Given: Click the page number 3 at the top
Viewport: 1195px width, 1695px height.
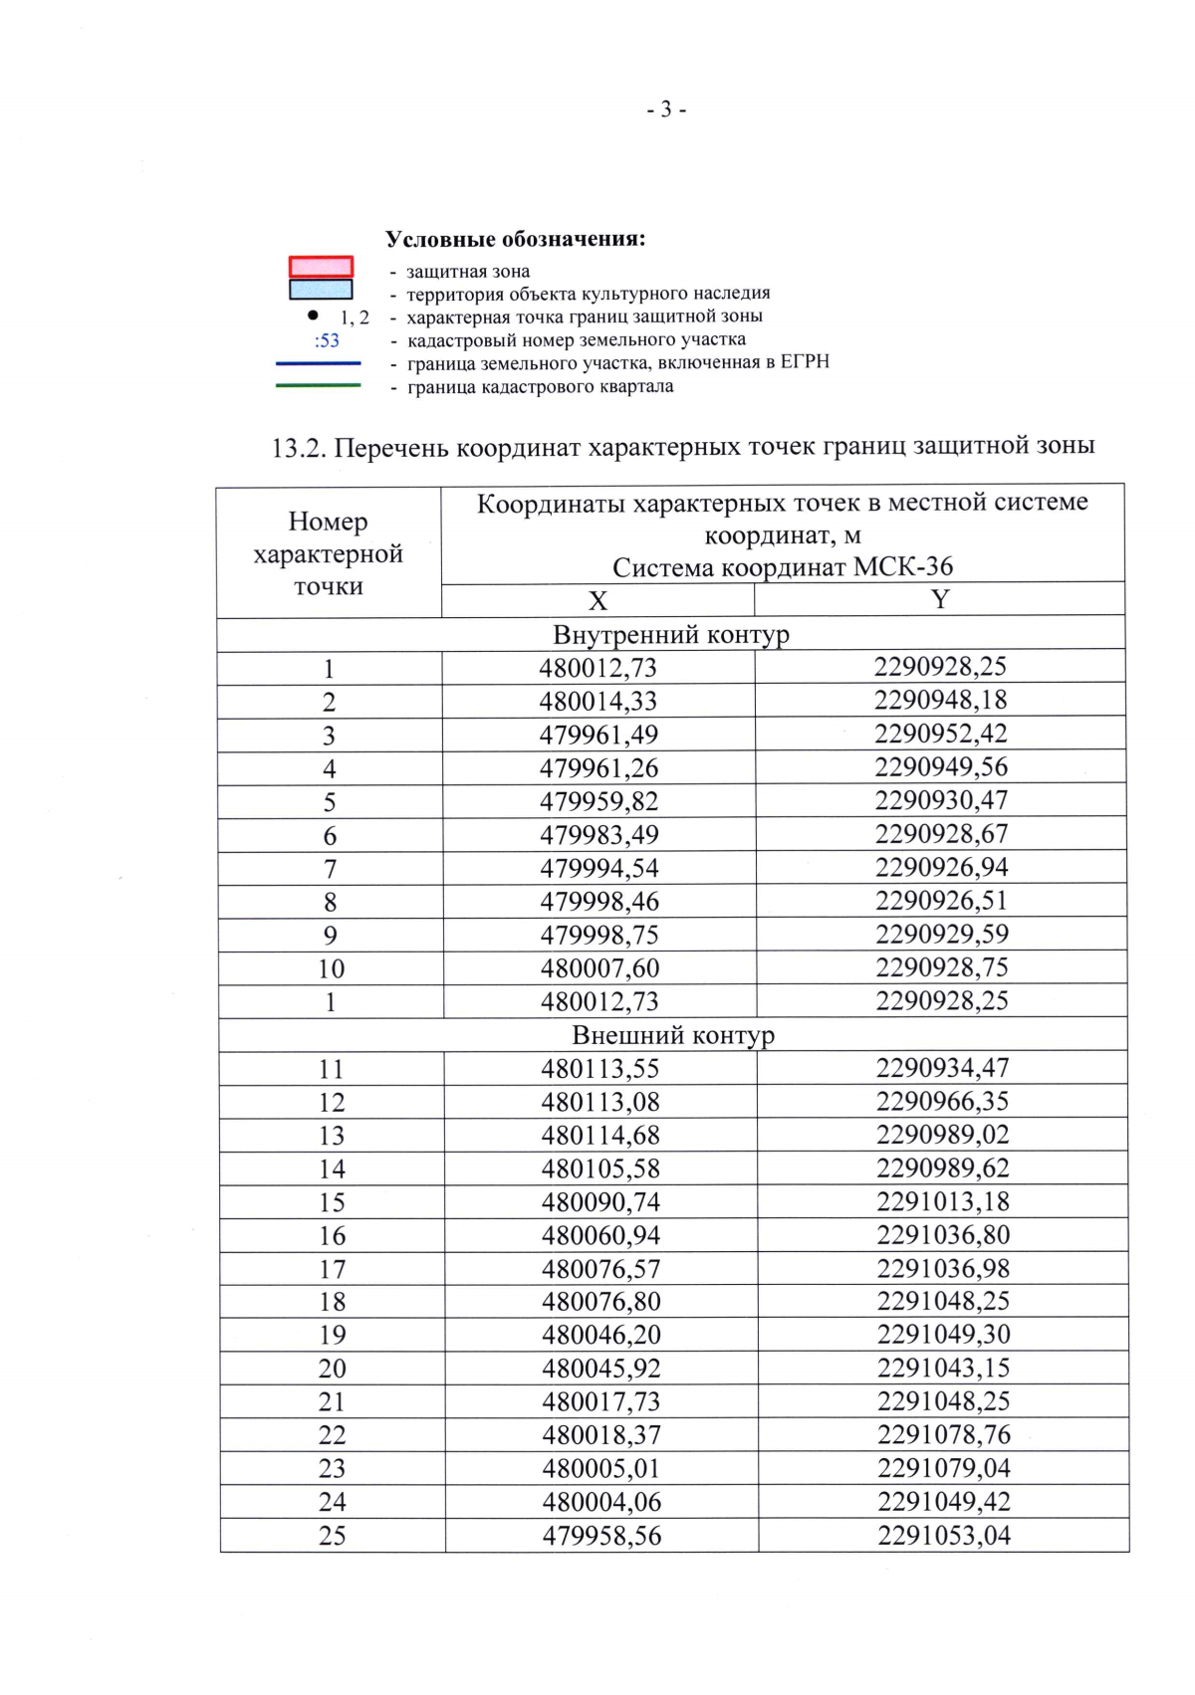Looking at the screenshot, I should [666, 109].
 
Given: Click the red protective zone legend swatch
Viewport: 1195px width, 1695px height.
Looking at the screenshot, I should [321, 267].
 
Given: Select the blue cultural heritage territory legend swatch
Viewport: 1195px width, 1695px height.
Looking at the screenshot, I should [321, 290].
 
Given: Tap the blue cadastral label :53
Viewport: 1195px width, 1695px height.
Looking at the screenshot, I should [327, 340].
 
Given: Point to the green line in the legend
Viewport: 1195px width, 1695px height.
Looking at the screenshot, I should [319, 385].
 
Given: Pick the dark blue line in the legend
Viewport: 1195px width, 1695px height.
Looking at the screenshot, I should [319, 363].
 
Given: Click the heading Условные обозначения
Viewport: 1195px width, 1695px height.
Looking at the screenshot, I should [515, 239].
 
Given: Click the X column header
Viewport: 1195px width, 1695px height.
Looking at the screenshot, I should [597, 601].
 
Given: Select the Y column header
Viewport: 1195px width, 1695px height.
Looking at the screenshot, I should [940, 599].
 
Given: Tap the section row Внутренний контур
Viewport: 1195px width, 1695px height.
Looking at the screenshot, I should [671, 635].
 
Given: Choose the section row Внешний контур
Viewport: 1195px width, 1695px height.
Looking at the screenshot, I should [673, 1035].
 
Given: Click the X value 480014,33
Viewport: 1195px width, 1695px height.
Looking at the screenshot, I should [598, 701].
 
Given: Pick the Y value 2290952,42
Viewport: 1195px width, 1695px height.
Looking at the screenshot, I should [941, 734].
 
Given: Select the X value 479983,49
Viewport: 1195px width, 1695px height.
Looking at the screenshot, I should [599, 835].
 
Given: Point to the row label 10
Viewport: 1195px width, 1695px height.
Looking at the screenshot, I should [331, 968].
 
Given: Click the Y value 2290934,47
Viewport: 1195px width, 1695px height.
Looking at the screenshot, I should [942, 1068].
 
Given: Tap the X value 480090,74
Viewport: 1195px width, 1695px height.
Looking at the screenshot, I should [600, 1202].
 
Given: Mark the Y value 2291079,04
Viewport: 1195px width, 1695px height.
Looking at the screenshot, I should [944, 1468].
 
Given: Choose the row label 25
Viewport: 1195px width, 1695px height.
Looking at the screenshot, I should [333, 1536].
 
